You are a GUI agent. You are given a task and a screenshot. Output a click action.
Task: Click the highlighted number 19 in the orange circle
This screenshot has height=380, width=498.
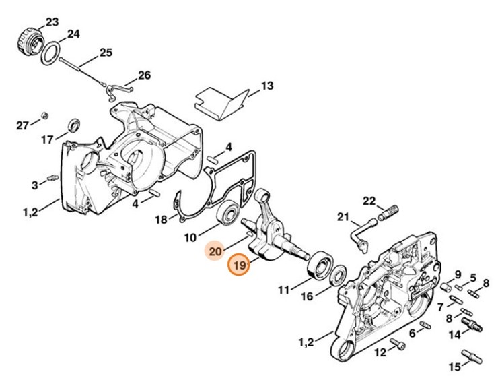tap(239, 266)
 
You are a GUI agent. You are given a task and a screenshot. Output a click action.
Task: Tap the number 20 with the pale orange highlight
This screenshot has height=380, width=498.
tap(215, 251)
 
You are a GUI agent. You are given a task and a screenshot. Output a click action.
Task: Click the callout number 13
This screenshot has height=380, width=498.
tap(267, 86)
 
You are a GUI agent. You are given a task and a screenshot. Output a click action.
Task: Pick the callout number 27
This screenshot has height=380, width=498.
tap(23, 125)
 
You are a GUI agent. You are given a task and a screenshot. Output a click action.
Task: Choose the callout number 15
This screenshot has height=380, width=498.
tap(456, 367)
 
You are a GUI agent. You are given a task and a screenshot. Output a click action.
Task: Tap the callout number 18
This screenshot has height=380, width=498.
tap(161, 220)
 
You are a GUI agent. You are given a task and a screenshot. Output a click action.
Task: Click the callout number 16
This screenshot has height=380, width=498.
tap(306, 296)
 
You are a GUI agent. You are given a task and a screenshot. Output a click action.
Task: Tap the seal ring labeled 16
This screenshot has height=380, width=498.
tap(338, 274)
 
